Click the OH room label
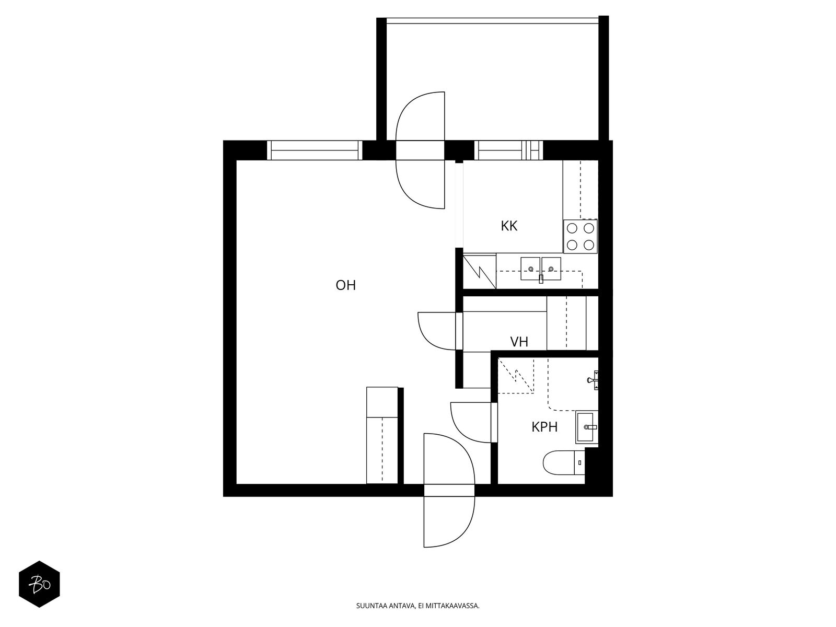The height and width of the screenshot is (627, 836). tap(345, 285)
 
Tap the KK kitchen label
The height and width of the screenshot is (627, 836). tap(509, 226)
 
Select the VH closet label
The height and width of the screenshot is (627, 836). tap(519, 342)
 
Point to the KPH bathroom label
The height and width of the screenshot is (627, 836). tap(544, 427)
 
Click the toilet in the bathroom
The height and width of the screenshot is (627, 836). tap(563, 462)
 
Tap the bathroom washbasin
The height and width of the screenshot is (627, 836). tap(587, 427)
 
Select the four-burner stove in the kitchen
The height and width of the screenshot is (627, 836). tap(580, 236)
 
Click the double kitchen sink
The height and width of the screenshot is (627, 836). tap(541, 269)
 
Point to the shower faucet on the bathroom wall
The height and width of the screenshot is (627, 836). tap(593, 380)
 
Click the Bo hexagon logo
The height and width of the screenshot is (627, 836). tap(40, 584)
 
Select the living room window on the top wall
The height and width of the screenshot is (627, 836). tap(315, 150)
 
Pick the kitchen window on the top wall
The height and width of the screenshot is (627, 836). tap(508, 150)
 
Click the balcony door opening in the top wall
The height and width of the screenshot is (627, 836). tap(420, 150)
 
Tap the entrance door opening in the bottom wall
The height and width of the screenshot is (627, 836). tap(449, 490)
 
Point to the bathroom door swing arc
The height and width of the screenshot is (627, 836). tap(457, 428)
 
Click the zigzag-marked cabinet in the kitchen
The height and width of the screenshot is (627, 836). tap(479, 271)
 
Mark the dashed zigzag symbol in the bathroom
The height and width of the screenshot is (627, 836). tap(516, 375)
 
